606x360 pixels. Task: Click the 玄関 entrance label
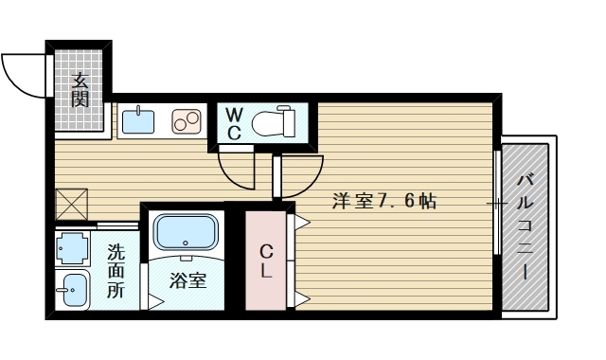tap(81, 89)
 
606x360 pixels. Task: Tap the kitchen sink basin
tap(139, 120)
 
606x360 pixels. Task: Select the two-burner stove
tap(185, 121)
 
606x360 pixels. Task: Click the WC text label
tap(234, 123)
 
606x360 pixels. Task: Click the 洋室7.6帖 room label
tap(383, 201)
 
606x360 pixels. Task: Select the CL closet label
tap(267, 261)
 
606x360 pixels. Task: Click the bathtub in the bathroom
tap(187, 233)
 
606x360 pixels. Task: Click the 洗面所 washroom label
tap(115, 272)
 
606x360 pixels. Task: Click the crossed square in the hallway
tap(72, 203)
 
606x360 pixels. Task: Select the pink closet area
tap(266, 261)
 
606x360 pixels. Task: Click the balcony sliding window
tap(498, 203)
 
